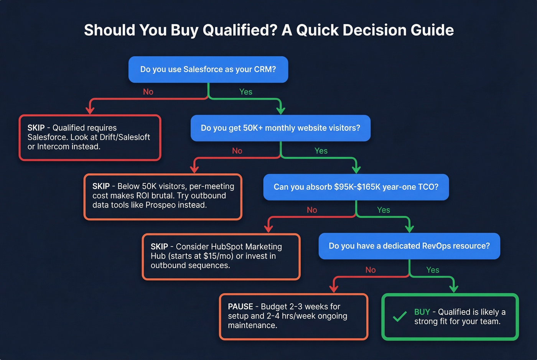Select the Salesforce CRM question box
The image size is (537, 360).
pos(208,69)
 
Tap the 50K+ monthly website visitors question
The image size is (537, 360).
pos(280,128)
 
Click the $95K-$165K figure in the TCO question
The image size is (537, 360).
pos(357,187)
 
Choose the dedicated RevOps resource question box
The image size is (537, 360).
pos(409,246)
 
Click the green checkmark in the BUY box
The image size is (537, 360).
pos(400,317)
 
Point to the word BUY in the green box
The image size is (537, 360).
pos(422,312)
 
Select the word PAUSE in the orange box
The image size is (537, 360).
pos(240,307)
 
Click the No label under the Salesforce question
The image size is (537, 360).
pos(148,92)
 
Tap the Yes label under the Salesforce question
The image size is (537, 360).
pos(246,92)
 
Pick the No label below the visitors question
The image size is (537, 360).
pos(237,151)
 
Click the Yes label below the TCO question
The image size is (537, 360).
pos(384,210)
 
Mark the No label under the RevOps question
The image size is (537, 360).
pos(371,270)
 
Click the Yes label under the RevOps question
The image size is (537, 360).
pos(433,270)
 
